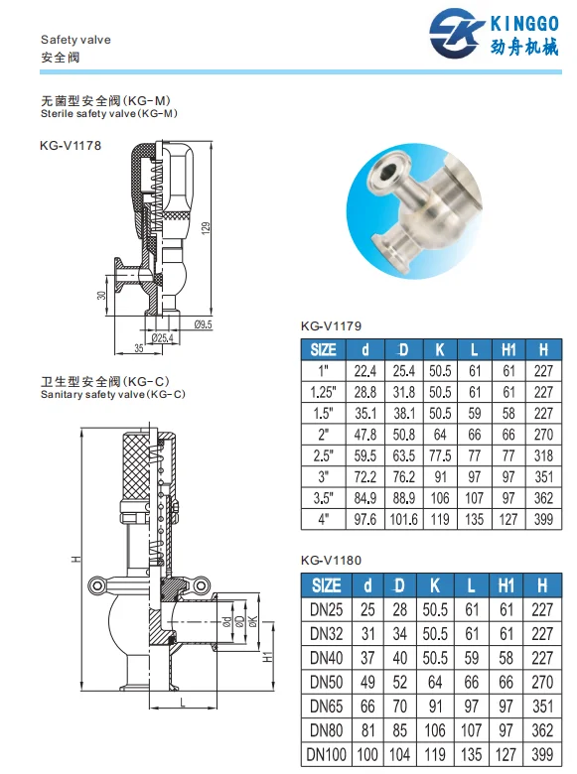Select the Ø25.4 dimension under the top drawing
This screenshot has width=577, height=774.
point(162,338)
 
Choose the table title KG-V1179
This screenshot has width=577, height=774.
point(330,325)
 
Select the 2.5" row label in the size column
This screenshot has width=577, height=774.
point(324,455)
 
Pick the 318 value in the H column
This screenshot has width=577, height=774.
point(542,455)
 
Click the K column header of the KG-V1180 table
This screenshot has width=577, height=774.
point(438,585)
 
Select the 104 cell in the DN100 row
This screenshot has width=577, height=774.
point(402,755)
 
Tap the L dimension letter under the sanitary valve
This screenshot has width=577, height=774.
point(185,703)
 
